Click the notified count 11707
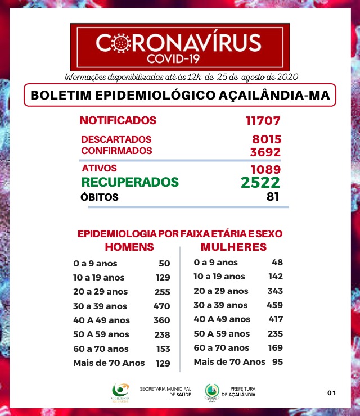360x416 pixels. coord(263,120)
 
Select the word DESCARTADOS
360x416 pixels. coord(116,139)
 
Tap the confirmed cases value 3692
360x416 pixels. coord(265,152)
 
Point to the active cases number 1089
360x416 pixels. coord(265,169)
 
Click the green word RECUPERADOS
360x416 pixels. coord(130,182)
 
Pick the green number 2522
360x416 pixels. coord(260,182)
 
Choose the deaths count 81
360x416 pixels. coord(273,197)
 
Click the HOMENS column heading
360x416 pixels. coord(130,247)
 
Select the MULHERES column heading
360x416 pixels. coord(233,247)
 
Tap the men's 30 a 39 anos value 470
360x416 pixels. coord(161,306)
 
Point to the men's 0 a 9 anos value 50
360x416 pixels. coord(164,263)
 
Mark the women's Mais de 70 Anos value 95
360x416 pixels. coord(277,361)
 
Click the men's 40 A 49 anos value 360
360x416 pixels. coord(161,320)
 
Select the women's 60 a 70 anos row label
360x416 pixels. coord(221,348)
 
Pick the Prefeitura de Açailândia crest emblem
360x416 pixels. coord(212,391)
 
